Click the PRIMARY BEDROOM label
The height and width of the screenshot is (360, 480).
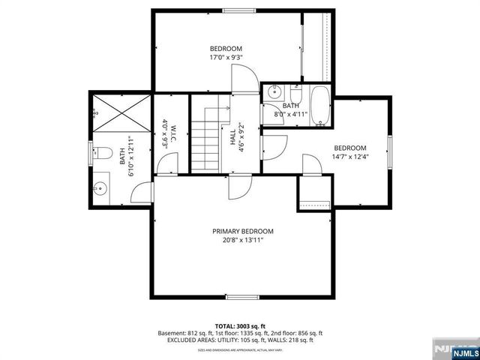point(242,231)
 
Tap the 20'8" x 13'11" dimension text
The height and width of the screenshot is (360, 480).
point(242,241)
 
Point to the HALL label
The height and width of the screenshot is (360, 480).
point(233,136)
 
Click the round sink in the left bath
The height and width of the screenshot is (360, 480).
point(100,187)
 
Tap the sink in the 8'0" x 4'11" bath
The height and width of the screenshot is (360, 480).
point(274,93)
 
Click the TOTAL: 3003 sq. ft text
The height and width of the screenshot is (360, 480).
point(240,326)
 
